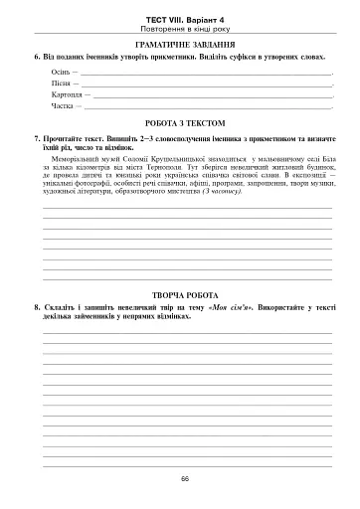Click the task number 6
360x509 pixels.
[36, 59]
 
